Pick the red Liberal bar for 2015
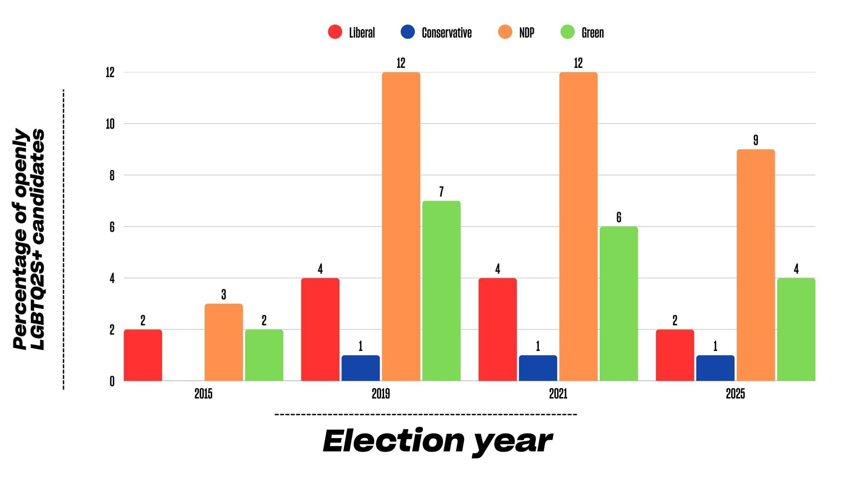coord(143,355)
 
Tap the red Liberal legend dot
coord(335,32)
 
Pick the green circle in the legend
coord(568,32)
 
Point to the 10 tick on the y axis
coord(110,124)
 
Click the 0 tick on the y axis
coord(112,381)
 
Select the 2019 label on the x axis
coord(381,394)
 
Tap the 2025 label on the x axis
coord(735,394)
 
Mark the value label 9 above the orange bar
coord(755,140)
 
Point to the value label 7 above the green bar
coord(441,191)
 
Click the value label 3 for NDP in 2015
coord(224,294)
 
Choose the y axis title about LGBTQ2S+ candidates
coord(29,239)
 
